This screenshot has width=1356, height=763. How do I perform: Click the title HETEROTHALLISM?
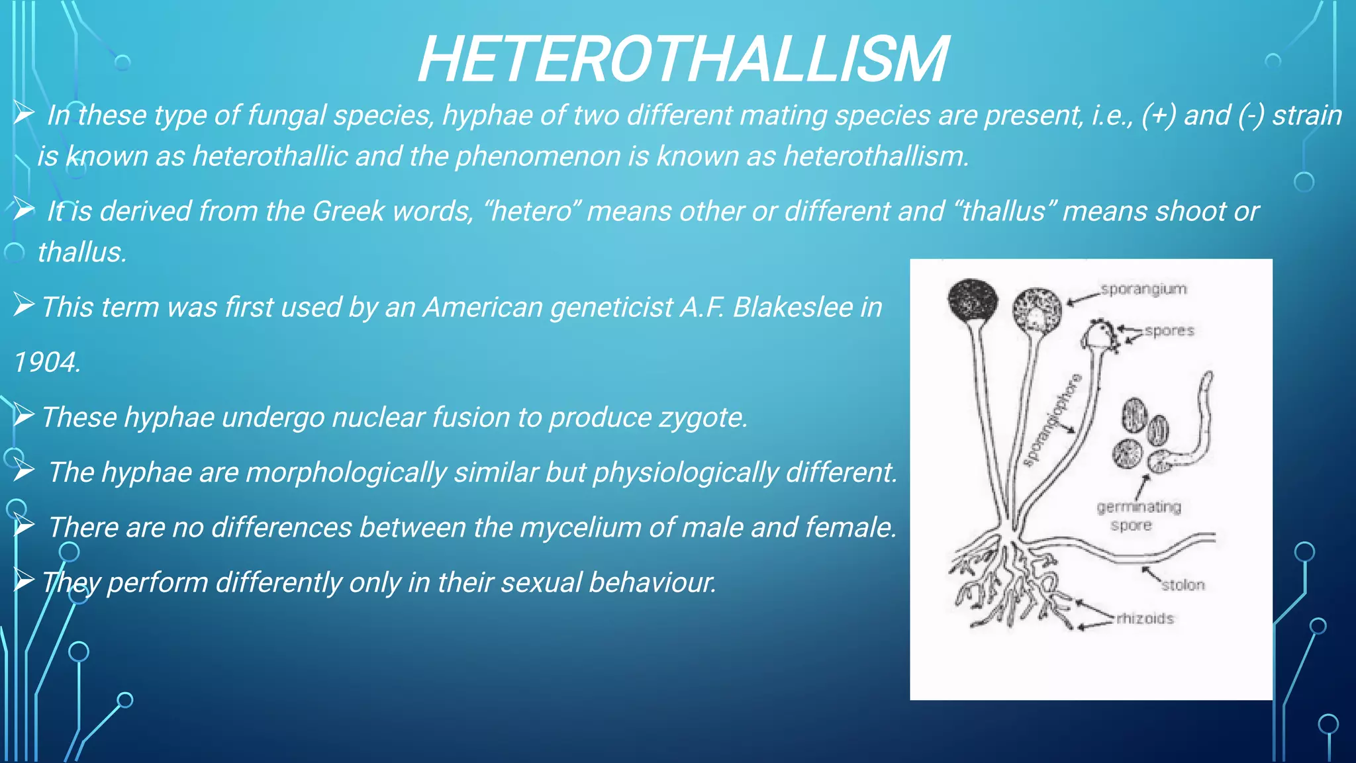pos(683,60)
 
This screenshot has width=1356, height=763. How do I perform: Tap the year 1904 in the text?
pos(46,363)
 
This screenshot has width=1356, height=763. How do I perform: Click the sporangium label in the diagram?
pos(1143,289)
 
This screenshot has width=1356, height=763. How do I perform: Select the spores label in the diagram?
pos(1169,330)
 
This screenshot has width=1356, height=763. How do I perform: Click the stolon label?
pos(1183,585)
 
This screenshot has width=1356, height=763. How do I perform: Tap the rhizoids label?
pos(1145,619)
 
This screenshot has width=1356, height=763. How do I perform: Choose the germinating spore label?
pos(1138,516)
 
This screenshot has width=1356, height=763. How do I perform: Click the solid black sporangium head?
pos(973,301)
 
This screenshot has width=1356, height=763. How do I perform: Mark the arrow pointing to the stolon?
pos(1151,574)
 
